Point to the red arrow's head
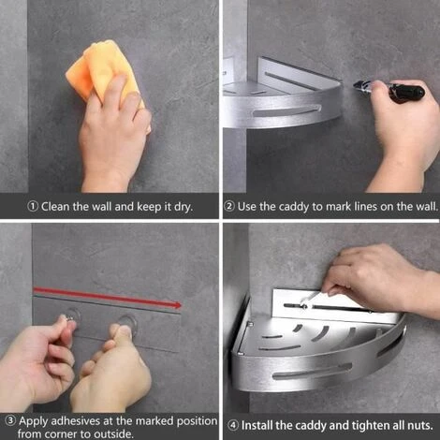point(178,305)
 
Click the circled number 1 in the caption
point(33,206)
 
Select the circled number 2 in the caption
point(229,206)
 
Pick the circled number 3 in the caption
point(11,421)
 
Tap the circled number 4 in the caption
point(233,425)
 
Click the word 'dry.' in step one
point(183,207)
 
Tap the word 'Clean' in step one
point(55,207)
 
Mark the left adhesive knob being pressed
point(73,315)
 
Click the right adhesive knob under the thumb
point(126,323)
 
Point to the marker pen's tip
point(354,84)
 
